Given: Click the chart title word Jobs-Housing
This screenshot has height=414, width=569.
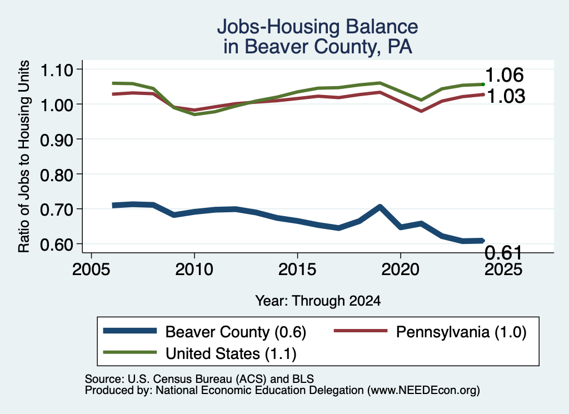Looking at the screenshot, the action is click(x=278, y=27).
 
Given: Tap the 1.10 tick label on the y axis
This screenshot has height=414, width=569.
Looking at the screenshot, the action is click(x=56, y=70).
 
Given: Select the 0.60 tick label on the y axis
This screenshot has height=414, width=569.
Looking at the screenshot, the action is click(x=56, y=245).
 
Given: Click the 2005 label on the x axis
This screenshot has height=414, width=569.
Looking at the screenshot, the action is click(x=92, y=270).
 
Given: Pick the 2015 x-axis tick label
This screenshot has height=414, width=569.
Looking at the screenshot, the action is click(x=297, y=270).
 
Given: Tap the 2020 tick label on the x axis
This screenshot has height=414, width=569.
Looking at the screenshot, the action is click(x=400, y=270).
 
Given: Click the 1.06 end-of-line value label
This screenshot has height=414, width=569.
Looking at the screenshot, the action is click(x=505, y=75).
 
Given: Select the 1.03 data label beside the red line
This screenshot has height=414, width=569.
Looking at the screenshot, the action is click(x=506, y=96).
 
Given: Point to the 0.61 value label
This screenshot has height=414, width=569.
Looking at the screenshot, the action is click(x=503, y=252).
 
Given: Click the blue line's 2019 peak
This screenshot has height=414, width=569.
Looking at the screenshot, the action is click(x=380, y=207).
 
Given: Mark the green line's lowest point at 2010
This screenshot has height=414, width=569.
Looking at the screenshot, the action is click(x=194, y=114).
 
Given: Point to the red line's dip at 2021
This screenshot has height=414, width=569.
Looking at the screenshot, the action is click(x=421, y=111).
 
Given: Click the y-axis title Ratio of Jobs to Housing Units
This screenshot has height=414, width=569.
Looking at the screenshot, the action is click(x=24, y=156).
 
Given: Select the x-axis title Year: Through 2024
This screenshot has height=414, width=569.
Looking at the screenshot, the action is click(x=318, y=301).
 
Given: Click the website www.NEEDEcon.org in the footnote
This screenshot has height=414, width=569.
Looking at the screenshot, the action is click(x=423, y=391).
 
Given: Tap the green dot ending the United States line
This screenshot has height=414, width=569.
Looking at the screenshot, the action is click(x=483, y=84).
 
